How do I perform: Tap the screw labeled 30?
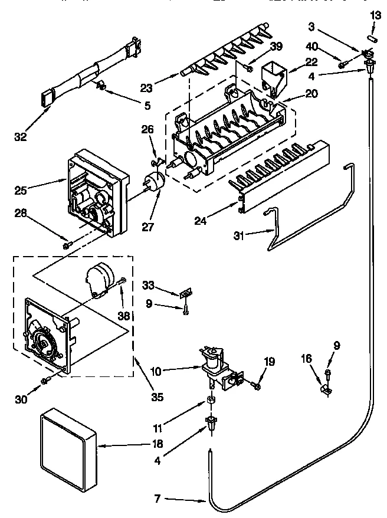[44, 382]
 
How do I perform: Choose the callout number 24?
[201, 221]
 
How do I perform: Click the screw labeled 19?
[257, 385]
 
